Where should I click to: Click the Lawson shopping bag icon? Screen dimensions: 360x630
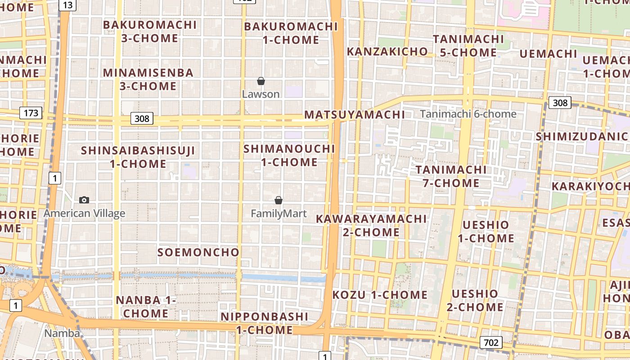click(261, 81)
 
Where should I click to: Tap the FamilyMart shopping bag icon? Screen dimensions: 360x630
click(279, 200)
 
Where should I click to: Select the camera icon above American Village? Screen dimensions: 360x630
click(84, 200)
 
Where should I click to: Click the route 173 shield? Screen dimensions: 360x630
click(31, 112)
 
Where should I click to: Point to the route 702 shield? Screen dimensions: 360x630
click(490, 342)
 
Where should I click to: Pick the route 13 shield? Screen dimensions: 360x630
click(67, 5)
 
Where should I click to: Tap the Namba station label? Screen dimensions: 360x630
click(62, 333)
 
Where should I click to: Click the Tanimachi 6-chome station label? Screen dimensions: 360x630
click(468, 114)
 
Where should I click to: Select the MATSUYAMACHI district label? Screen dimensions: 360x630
click(355, 115)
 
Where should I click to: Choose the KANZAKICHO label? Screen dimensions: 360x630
click(387, 52)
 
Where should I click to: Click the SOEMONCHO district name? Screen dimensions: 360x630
click(198, 252)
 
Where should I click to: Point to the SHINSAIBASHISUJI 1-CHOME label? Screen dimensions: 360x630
click(138, 157)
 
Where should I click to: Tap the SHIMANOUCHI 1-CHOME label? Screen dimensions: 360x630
click(289, 155)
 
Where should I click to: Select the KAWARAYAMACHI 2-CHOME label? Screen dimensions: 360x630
click(371, 225)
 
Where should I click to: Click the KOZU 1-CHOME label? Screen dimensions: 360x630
click(380, 295)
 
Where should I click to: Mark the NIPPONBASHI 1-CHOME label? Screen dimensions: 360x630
click(265, 323)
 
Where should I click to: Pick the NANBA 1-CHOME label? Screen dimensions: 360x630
click(146, 306)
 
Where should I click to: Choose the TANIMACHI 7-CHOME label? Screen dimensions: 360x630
click(451, 176)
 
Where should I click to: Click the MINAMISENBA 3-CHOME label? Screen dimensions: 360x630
click(148, 79)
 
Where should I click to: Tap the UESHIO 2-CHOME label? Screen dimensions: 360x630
click(475, 301)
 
